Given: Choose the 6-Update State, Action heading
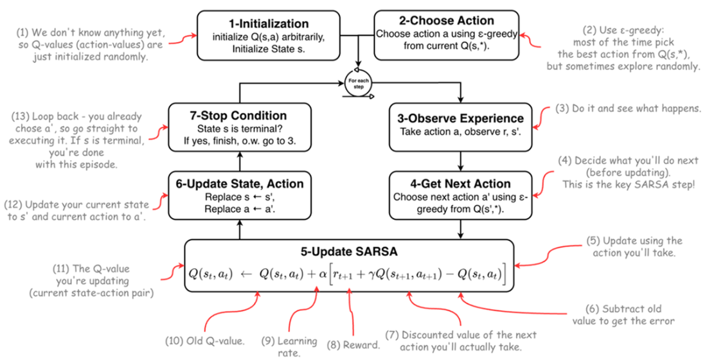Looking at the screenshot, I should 240,184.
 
